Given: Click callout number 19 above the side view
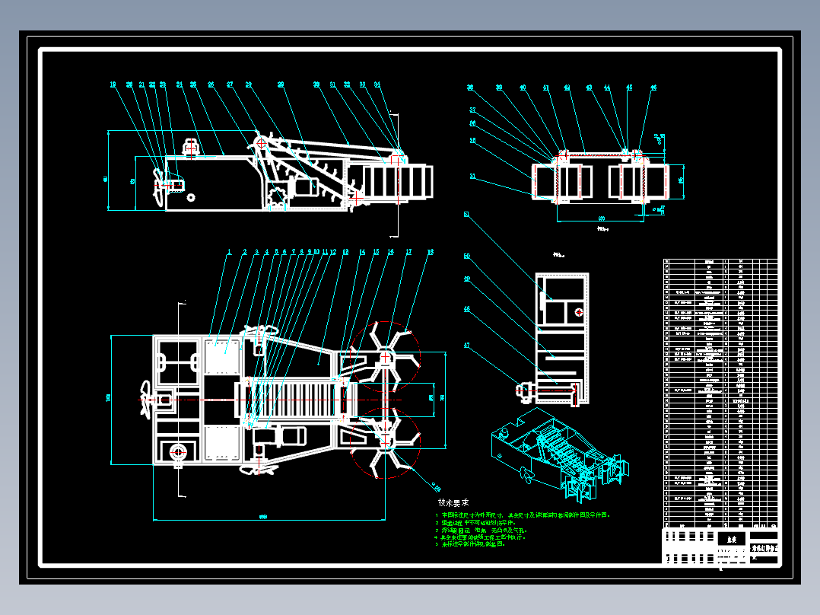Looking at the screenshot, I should (113, 84).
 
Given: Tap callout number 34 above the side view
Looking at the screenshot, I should (377, 84).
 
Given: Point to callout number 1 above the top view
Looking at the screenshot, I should (229, 251).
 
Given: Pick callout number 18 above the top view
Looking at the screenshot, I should (431, 251).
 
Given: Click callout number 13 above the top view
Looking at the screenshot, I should (345, 251).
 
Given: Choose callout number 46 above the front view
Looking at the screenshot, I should (653, 88).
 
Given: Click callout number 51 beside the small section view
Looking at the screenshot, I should (466, 214).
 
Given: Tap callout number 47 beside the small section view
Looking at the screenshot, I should (466, 345).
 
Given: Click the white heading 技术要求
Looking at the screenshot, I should (453, 503).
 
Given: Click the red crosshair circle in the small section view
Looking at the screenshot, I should (579, 312).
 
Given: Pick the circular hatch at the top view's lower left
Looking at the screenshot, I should (180, 451).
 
